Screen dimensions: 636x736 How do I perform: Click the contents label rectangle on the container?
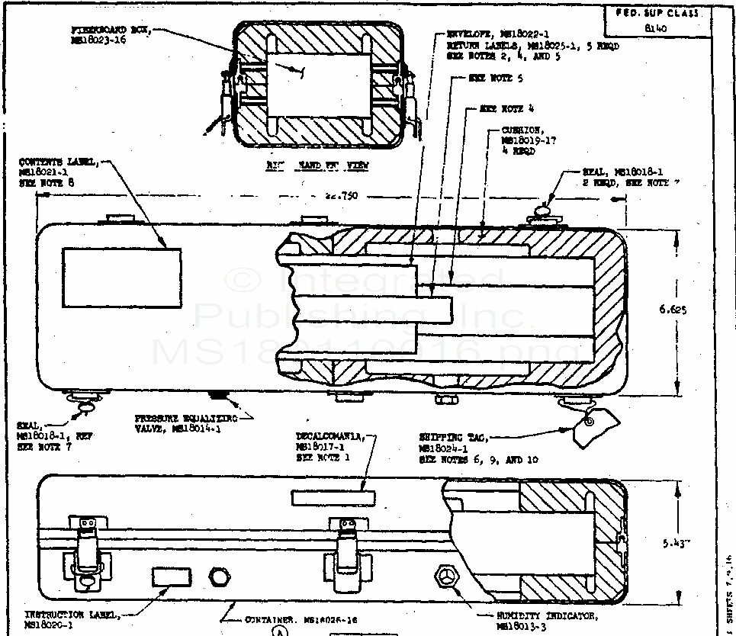tap(121, 278)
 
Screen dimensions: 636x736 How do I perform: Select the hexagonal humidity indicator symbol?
tap(445, 577)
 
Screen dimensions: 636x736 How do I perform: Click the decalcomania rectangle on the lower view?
tap(333, 497)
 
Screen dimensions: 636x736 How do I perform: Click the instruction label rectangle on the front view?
tap(169, 577)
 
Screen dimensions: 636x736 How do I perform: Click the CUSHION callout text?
tap(522, 140)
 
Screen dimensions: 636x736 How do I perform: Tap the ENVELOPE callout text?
tap(532, 46)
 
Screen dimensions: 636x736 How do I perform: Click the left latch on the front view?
tap(85, 545)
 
